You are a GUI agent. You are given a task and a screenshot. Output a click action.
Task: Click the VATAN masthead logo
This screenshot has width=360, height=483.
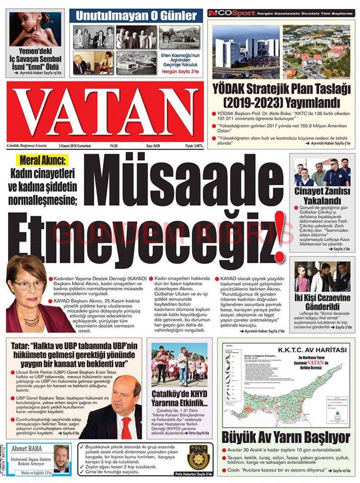[x=105, y=112]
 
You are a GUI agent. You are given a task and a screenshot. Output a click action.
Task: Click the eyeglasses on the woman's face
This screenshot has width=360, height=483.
[x=29, y=285]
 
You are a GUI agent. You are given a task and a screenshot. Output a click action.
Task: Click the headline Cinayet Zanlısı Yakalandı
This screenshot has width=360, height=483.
[x=322, y=196]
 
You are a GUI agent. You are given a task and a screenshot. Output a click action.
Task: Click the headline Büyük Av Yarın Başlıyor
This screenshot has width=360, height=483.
[x=286, y=437]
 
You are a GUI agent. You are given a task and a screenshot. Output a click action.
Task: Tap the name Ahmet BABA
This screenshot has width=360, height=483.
[x=27, y=449]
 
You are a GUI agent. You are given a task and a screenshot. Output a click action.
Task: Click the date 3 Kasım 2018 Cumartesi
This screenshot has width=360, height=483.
[x=75, y=146]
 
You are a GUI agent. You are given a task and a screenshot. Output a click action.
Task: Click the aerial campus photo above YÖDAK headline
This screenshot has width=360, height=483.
[x=316, y=51]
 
